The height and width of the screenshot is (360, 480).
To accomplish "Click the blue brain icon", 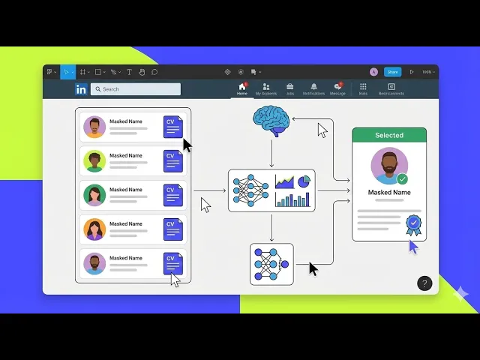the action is tap(271, 120).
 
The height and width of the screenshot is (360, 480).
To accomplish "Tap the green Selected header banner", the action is tap(389, 135).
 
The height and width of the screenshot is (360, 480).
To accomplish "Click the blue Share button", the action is tap(392, 72).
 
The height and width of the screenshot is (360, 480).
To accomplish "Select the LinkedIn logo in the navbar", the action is tap(81, 89).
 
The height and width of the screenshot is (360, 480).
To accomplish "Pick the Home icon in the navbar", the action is tap(241, 87).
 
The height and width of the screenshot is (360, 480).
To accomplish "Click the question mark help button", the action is tap(424, 283).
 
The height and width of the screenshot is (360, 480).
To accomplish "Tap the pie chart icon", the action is tap(304, 181).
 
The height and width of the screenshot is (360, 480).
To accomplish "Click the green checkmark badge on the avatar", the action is tap(402, 179).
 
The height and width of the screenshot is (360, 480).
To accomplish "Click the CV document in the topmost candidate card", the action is tap(172, 127).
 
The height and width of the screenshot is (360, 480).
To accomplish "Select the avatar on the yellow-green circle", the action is tap(94, 160).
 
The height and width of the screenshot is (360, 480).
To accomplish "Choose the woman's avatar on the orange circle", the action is tap(94, 229).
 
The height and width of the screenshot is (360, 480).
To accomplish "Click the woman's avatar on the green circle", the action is tap(94, 195).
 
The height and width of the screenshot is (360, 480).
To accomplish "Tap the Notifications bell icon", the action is tap(313, 87).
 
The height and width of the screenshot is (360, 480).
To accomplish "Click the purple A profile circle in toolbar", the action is tap(373, 72).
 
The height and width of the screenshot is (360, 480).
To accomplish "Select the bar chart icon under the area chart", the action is tap(292, 199).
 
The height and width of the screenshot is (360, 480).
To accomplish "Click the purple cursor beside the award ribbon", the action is tap(413, 246).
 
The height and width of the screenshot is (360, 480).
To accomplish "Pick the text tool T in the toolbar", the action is tap(129, 72).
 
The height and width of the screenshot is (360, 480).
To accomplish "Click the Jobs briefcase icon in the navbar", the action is tap(289, 87).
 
